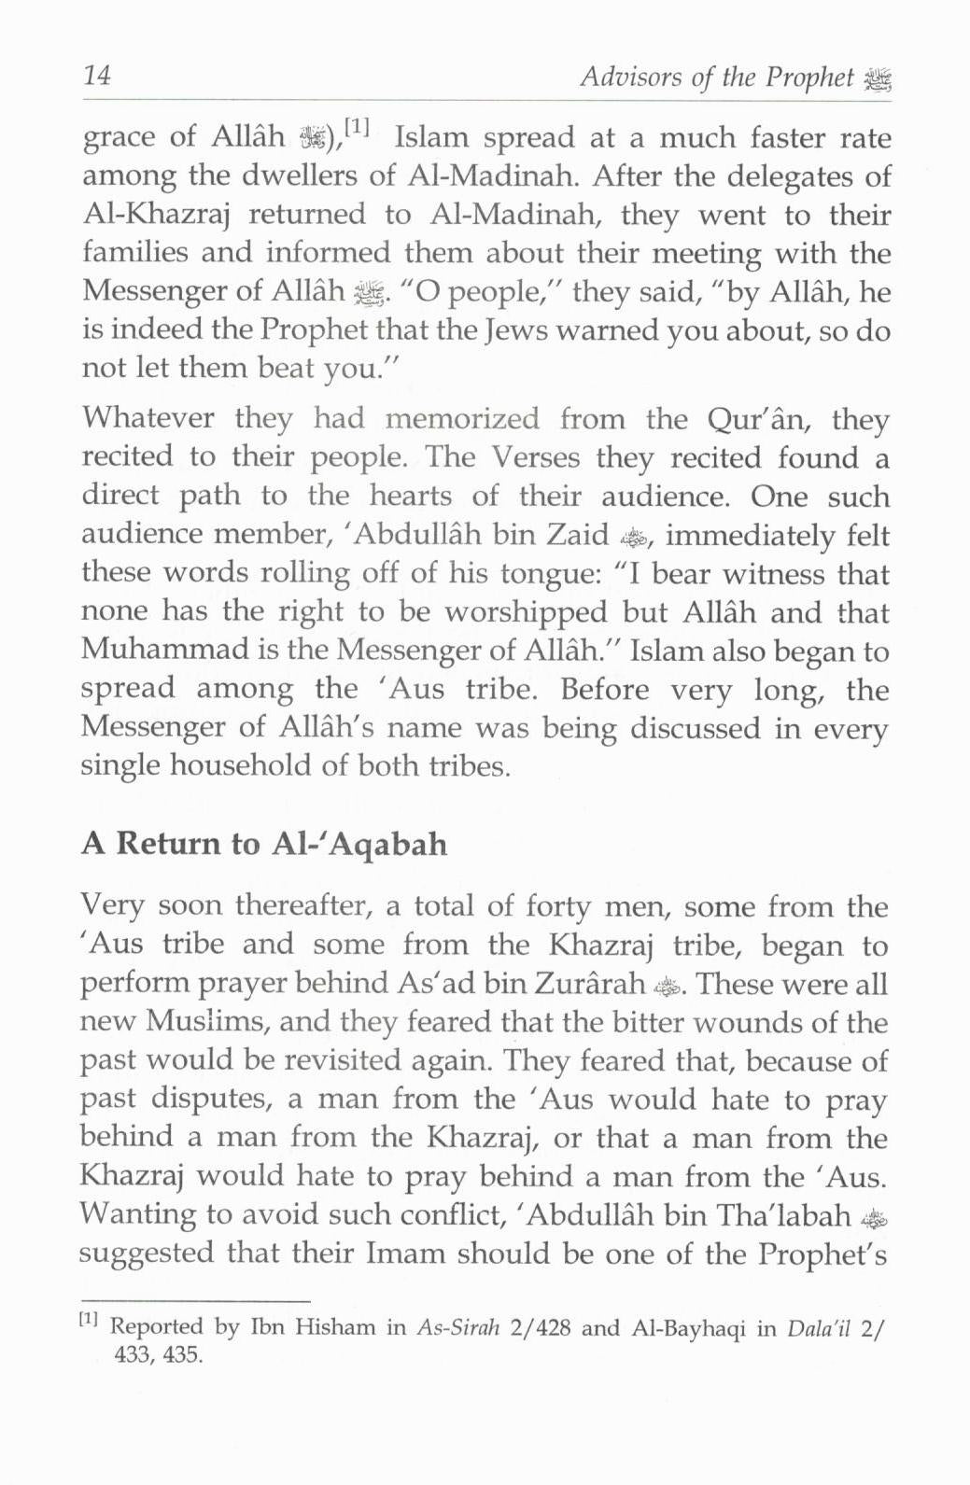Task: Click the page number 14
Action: point(97,76)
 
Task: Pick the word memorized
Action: point(462,418)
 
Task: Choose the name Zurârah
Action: point(590,984)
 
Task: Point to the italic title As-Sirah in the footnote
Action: point(458,1327)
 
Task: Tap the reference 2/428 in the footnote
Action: point(541,1327)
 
